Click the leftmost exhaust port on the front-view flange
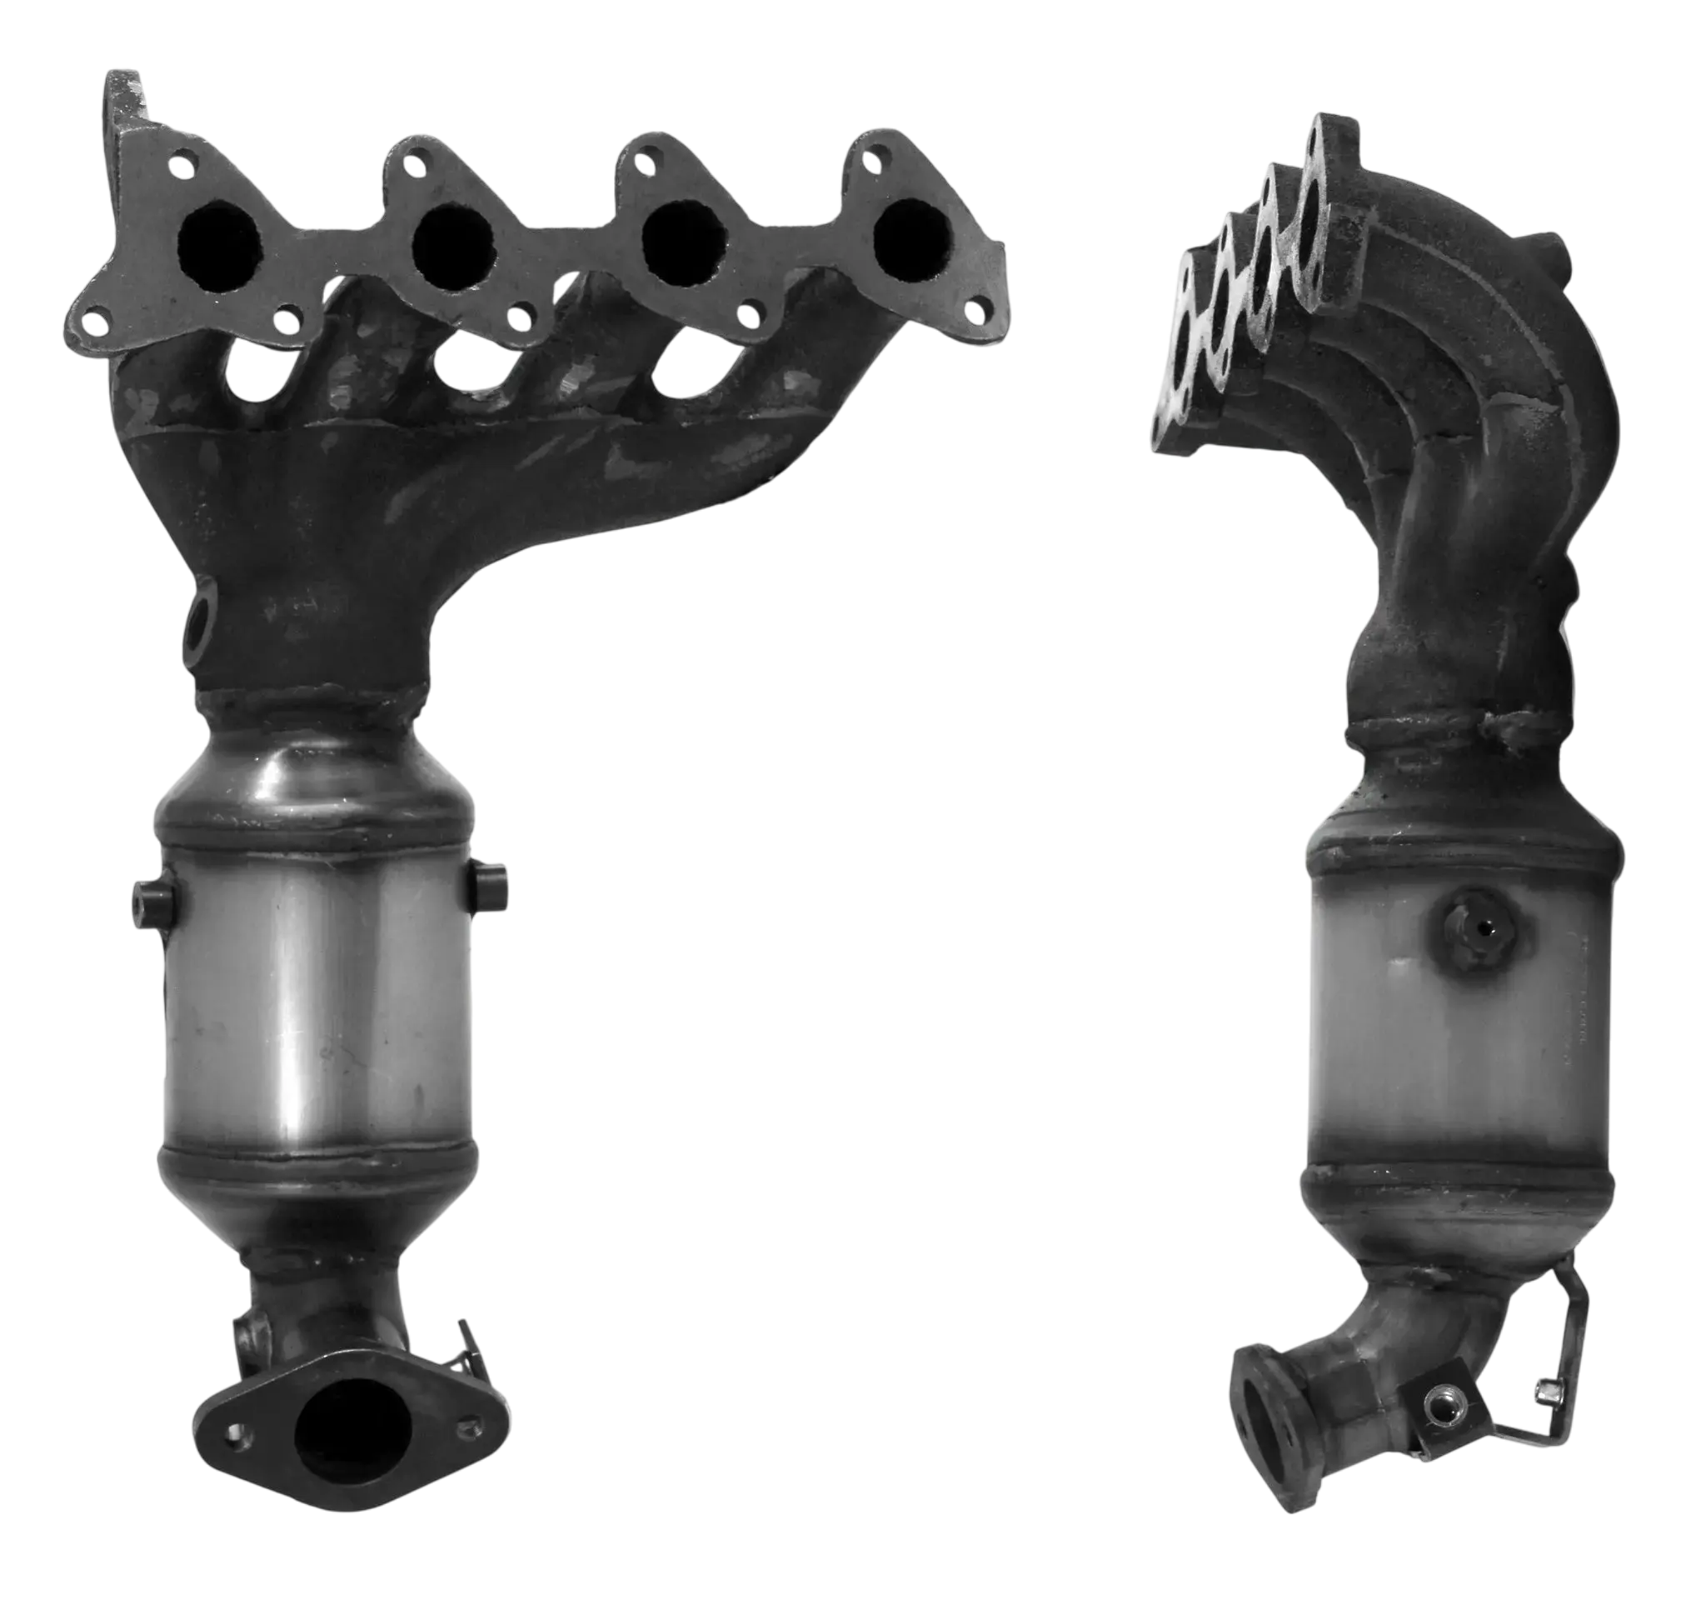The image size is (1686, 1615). pos(219,247)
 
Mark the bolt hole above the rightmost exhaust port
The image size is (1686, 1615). pos(878,157)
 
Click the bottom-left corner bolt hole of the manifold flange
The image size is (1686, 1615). pos(97,322)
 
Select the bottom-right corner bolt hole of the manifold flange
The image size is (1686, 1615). pos(978,311)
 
